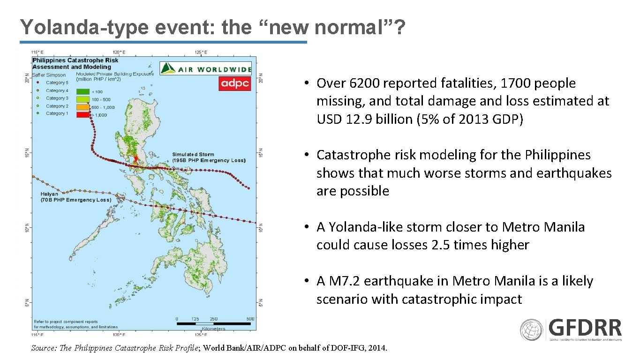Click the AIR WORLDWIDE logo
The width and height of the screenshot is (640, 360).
pyautogui.click(x=206, y=68)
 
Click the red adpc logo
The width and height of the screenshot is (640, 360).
pyautogui.click(x=235, y=83)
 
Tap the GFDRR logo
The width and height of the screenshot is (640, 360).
pyautogui.click(x=571, y=330)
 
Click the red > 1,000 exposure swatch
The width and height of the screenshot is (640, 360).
pyautogui.click(x=83, y=114)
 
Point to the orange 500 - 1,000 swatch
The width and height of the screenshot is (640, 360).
pyautogui.click(x=83, y=107)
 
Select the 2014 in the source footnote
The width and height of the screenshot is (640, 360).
pyautogui.click(x=378, y=348)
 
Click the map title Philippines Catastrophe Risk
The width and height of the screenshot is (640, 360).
pyautogui.click(x=75, y=60)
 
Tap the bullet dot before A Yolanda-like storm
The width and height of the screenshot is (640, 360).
pyautogui.click(x=305, y=227)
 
